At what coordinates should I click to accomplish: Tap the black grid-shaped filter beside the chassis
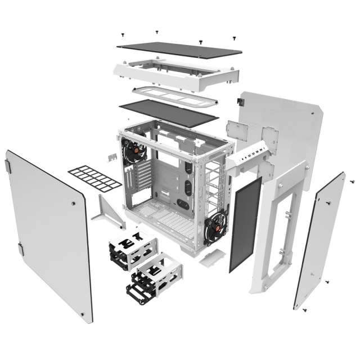[x=94, y=177]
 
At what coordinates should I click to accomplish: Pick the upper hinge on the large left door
[x=8, y=165]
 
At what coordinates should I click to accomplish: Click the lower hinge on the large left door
[x=21, y=248]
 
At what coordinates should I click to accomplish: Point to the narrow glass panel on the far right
[x=319, y=242]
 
